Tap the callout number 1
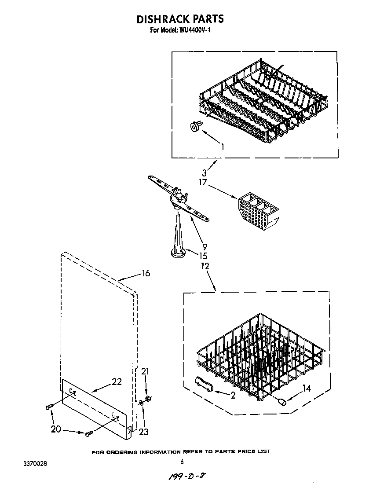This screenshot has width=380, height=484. tap(223, 147)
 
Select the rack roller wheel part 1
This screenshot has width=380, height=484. tap(194, 127)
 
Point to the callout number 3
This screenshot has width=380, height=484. tap(204, 173)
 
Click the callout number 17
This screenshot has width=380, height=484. tap(203, 182)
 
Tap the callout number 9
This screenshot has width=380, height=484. tap(204, 247)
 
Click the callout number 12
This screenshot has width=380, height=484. tap(204, 266)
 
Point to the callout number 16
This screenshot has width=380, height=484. tap(146, 274)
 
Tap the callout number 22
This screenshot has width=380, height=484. tap(116, 381)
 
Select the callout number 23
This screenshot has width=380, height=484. tap(143, 432)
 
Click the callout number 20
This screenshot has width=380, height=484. tap(56, 429)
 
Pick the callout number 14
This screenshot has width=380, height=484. tap(306, 388)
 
